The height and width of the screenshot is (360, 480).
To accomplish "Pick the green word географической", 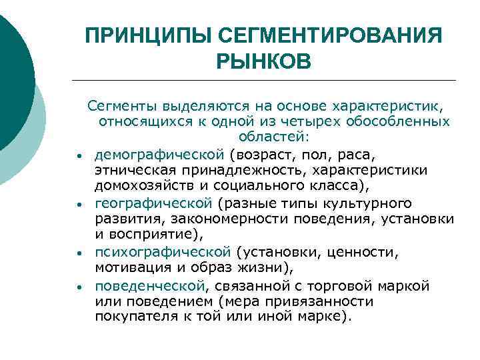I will [x=153, y=203].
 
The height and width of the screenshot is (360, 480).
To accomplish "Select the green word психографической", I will [x=163, y=251].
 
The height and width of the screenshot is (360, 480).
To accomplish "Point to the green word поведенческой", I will [x=150, y=286].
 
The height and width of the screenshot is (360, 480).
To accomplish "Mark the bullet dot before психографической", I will [x=79, y=254].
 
